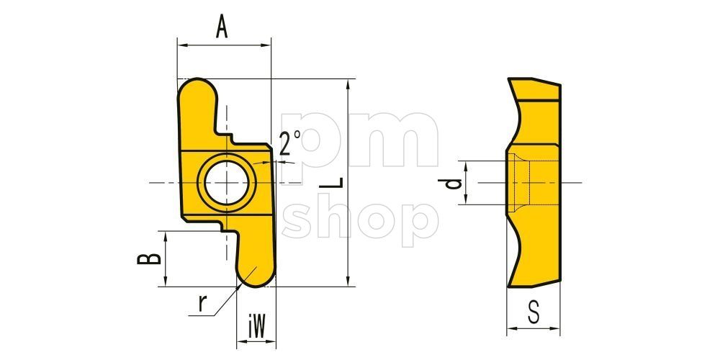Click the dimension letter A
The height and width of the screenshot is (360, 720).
[222, 27]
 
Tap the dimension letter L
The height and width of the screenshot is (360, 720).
[331, 182]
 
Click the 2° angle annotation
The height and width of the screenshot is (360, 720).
[290, 143]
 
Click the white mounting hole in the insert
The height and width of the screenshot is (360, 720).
[227, 183]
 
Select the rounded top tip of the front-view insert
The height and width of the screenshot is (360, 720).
[197, 87]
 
